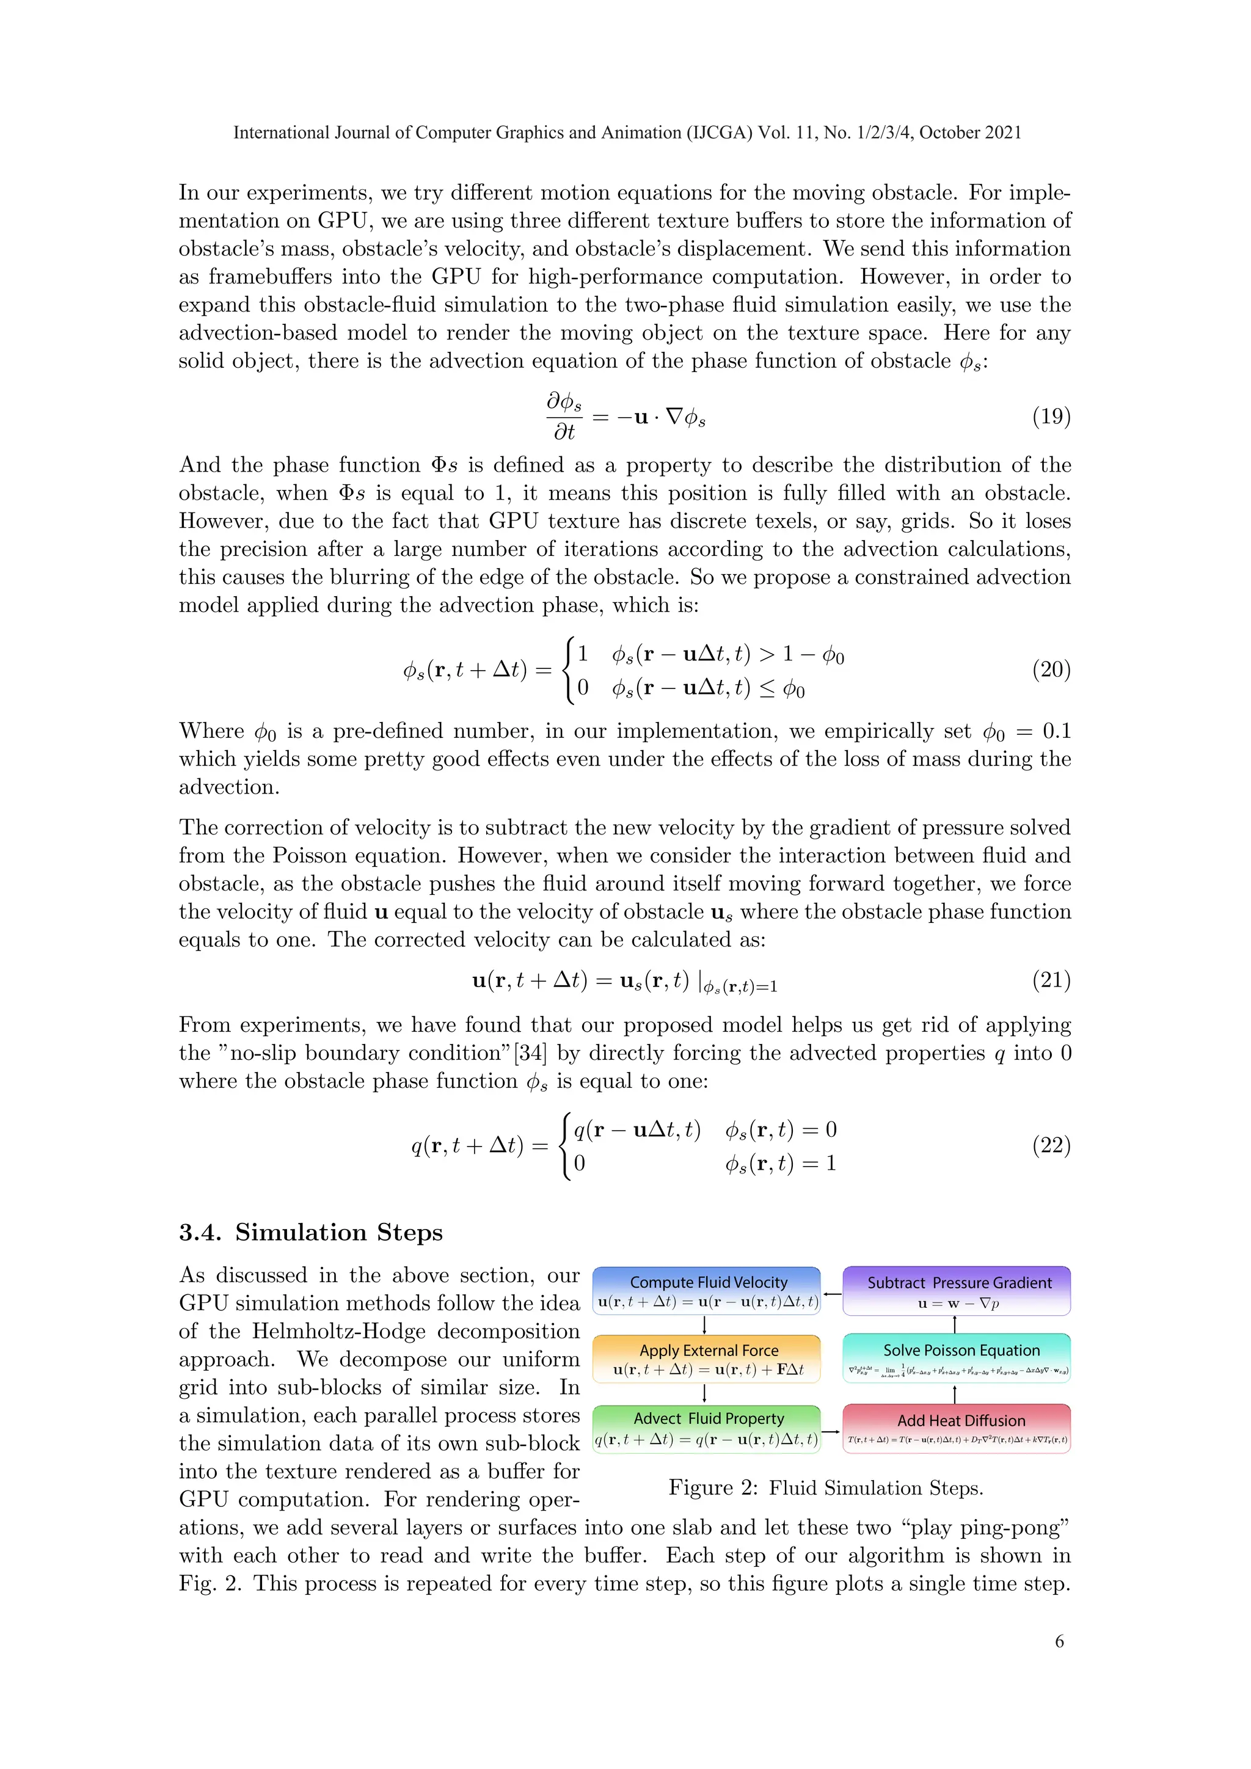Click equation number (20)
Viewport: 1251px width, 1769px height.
pyautogui.click(x=1051, y=669)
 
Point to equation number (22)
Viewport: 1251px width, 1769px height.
pyautogui.click(x=1051, y=1146)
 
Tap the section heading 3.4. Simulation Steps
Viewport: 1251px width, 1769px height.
pyautogui.click(x=310, y=1232)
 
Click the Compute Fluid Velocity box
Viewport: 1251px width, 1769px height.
pyautogui.click(x=706, y=1291)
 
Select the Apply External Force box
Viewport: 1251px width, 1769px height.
pyautogui.click(x=706, y=1359)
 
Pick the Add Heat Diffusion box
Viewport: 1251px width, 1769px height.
pyautogui.click(x=957, y=1429)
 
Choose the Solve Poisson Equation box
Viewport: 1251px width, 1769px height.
pyautogui.click(x=957, y=1359)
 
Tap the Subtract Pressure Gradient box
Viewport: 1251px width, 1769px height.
pyautogui.click(x=957, y=1291)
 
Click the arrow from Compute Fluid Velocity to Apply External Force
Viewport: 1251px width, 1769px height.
pyautogui.click(x=705, y=1325)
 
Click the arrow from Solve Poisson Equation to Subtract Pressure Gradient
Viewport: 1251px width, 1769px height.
pyautogui.click(x=955, y=1324)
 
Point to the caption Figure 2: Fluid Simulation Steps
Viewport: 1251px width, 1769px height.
pyautogui.click(x=826, y=1488)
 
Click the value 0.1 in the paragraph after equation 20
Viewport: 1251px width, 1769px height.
pyautogui.click(x=1056, y=731)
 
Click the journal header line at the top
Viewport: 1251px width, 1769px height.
pyautogui.click(x=627, y=133)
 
